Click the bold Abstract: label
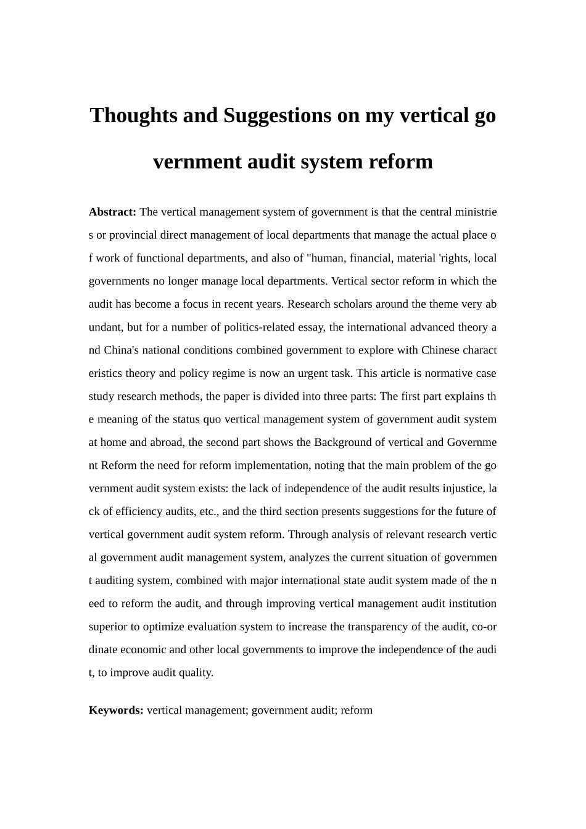tap(112, 212)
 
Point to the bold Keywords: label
tap(116, 710)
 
